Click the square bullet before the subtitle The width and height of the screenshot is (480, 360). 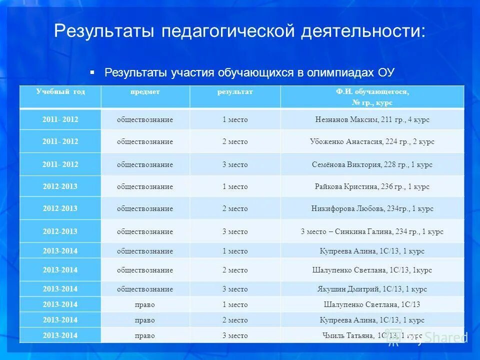(92, 72)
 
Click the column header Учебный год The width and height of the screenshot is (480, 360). (60, 92)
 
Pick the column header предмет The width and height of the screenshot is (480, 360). (145, 92)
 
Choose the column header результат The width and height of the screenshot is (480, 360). (234, 92)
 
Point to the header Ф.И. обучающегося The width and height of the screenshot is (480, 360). (372, 92)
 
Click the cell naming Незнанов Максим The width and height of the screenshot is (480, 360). (372, 120)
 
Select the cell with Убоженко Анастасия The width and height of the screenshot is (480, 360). (372, 142)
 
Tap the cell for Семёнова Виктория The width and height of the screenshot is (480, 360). (372, 165)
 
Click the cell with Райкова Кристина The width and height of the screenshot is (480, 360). (372, 187)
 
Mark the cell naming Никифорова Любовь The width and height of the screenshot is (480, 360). (372, 209)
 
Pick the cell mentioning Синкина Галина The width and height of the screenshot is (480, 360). (372, 232)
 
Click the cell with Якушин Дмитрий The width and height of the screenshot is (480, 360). (372, 289)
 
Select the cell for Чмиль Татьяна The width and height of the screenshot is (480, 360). (372, 335)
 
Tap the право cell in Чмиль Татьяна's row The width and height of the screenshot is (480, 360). (145, 335)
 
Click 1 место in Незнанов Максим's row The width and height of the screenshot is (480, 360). (234, 120)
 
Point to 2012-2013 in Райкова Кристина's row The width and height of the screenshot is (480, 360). (60, 187)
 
